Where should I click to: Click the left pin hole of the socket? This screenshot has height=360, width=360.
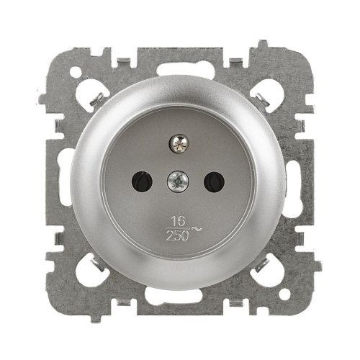pos(142,181)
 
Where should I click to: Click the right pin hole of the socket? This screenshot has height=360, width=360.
pos(214,181)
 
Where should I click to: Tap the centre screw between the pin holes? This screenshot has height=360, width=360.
pos(178,181)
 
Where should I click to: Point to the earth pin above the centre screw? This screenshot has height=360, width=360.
pos(179,144)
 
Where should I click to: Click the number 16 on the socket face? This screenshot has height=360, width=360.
pos(179,221)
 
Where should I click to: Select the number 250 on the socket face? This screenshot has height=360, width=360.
pos(177,237)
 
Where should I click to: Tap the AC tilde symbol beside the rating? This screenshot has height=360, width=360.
pos(197,229)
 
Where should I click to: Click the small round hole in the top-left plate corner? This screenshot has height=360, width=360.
pos(76,71)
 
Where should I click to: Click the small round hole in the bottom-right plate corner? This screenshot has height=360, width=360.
pos(284,293)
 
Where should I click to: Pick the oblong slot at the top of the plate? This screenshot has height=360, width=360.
pos(186,69)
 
